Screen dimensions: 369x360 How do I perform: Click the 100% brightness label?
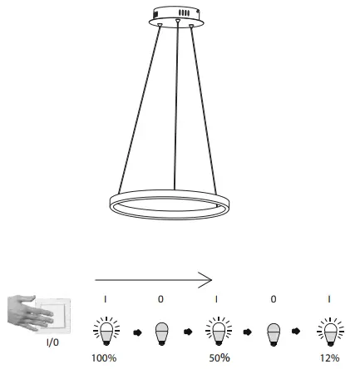point(104,357)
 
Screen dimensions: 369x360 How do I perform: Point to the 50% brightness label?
point(219,357)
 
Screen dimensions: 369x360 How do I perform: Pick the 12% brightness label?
point(332,357)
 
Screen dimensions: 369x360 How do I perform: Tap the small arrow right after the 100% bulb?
point(134,332)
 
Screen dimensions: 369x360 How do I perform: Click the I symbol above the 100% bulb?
point(104,299)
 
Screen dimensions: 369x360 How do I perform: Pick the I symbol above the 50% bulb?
point(218,299)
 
